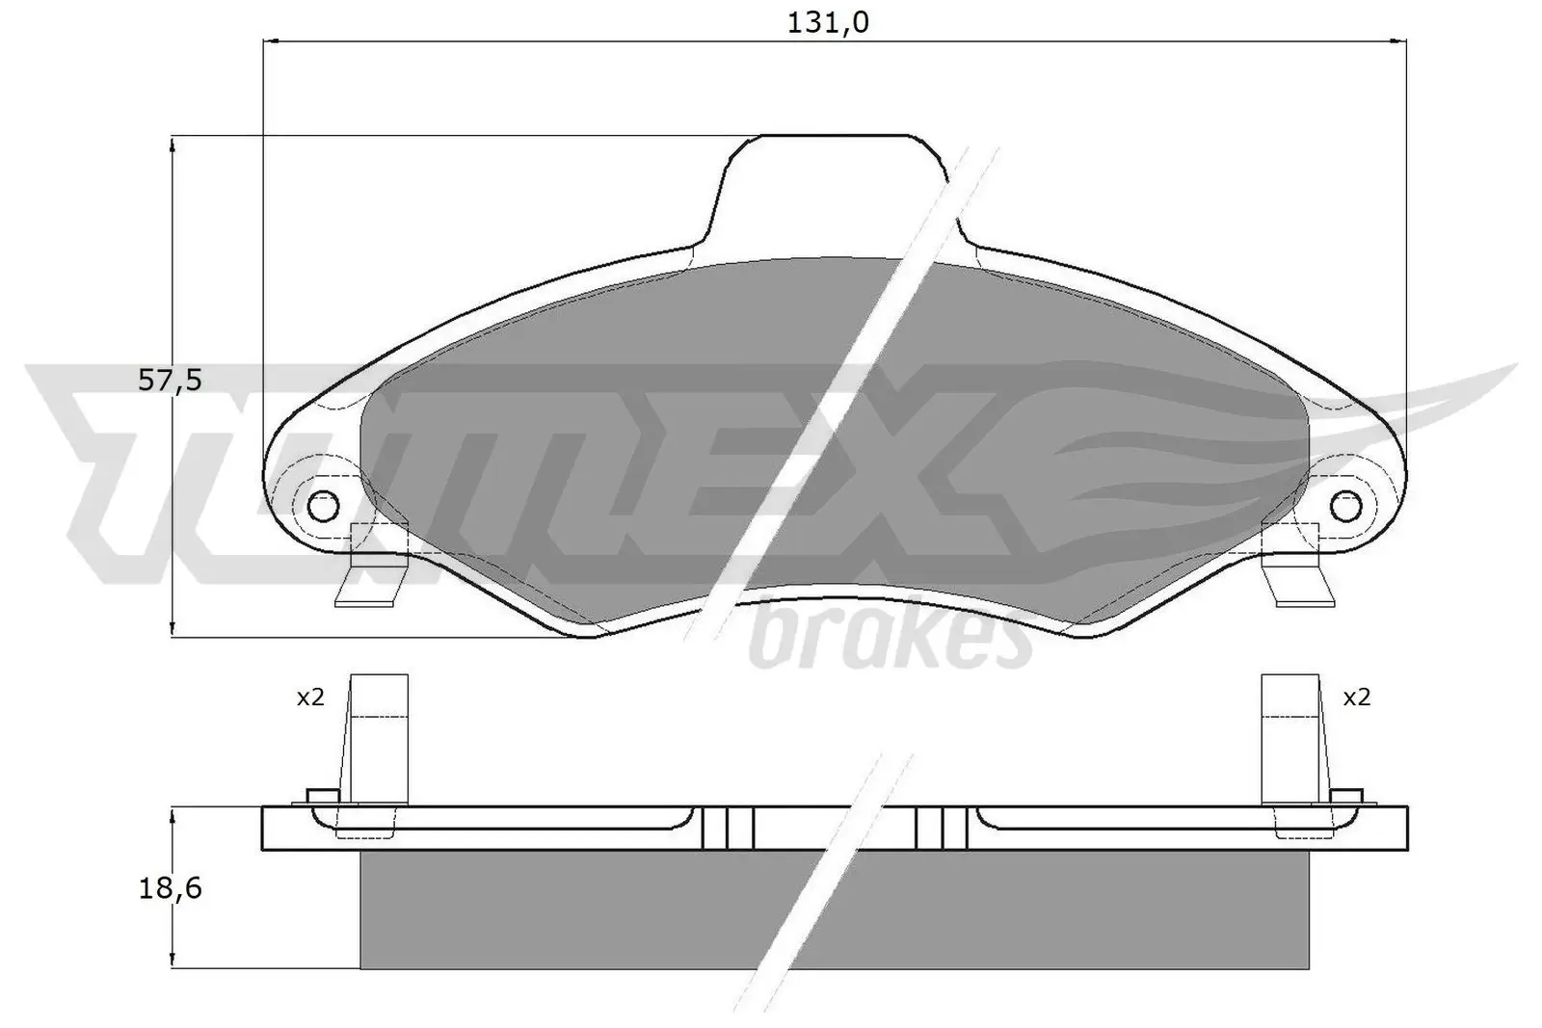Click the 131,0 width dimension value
828,23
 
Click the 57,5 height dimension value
170,381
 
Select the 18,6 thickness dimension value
170,888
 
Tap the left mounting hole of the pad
324,504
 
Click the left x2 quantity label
309,698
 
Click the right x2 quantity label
1356,698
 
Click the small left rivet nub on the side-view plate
319,795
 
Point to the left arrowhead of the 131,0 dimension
272,41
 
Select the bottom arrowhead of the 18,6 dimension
172,961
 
